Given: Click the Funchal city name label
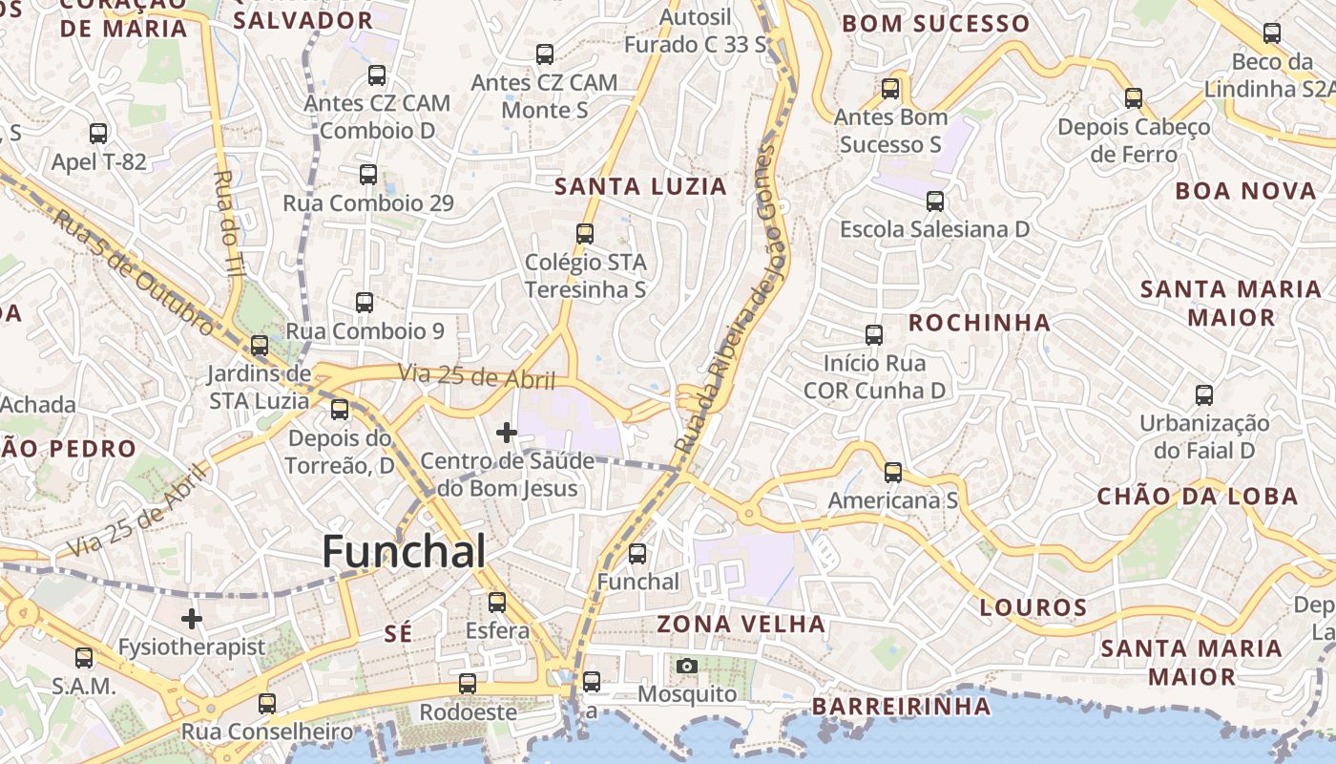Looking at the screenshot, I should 404,552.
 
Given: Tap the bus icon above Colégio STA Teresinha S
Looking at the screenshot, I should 585,233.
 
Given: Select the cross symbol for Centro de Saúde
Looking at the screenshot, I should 507,434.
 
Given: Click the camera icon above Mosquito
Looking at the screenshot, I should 686,666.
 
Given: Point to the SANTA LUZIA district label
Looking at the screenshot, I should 641,186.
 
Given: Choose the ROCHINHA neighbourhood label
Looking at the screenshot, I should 979,323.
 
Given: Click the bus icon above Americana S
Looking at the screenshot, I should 893,472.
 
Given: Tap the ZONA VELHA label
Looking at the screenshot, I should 741,625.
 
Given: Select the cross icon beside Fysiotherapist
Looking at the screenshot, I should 192,619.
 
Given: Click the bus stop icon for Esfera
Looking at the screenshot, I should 497,602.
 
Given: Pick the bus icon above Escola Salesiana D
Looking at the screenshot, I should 935,202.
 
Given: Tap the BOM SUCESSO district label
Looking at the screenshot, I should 936,24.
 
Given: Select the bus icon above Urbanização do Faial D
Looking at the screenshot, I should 1204,394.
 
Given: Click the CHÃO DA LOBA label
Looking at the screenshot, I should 1198,497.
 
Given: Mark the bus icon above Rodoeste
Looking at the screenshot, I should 468,684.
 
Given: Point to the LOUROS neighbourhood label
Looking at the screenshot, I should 1033,607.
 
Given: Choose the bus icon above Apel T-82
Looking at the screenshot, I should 98,133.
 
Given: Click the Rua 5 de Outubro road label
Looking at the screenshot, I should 134,272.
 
